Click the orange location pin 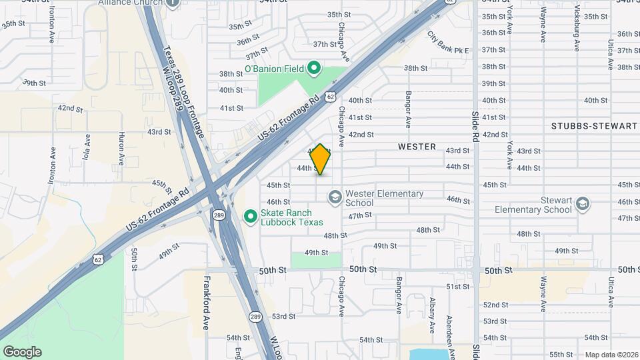click(321, 159)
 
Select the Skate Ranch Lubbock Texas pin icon click(250, 216)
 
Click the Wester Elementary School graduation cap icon click(335, 197)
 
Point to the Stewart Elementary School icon click(583, 203)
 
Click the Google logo click(22, 352)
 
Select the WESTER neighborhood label click(417, 147)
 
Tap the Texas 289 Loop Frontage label click(184, 93)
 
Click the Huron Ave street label click(121, 149)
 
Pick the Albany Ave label click(432, 314)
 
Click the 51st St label click(457, 287)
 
